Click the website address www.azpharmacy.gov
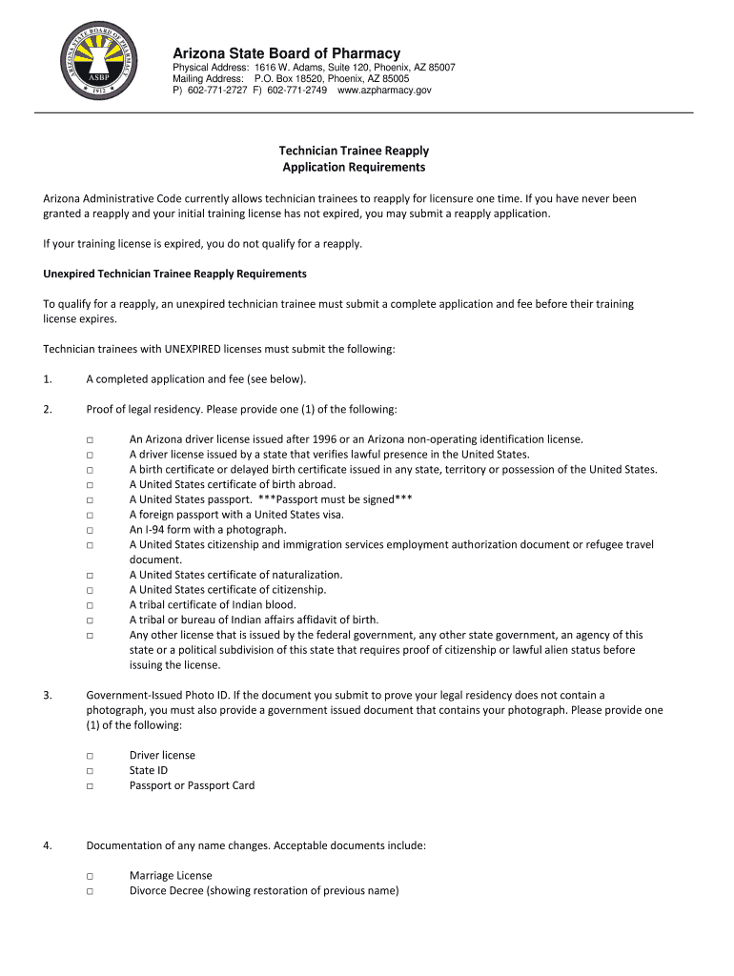pyautogui.click(x=384, y=90)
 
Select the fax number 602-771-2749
pyautogui.click(x=296, y=90)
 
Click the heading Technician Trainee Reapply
pyautogui.click(x=354, y=151)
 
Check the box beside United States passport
pyautogui.click(x=89, y=499)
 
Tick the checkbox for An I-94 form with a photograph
pyautogui.click(x=89, y=530)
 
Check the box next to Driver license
pyautogui.click(x=89, y=756)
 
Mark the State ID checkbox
pyautogui.click(x=89, y=771)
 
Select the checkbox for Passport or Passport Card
pyautogui.click(x=89, y=786)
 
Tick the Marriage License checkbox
pyautogui.click(x=89, y=876)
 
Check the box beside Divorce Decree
pyautogui.click(x=89, y=891)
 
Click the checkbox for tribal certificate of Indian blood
pyautogui.click(x=89, y=605)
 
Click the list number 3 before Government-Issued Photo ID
pyautogui.click(x=47, y=695)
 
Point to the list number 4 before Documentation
pyautogui.click(x=47, y=845)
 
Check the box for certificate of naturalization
pyautogui.click(x=89, y=575)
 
